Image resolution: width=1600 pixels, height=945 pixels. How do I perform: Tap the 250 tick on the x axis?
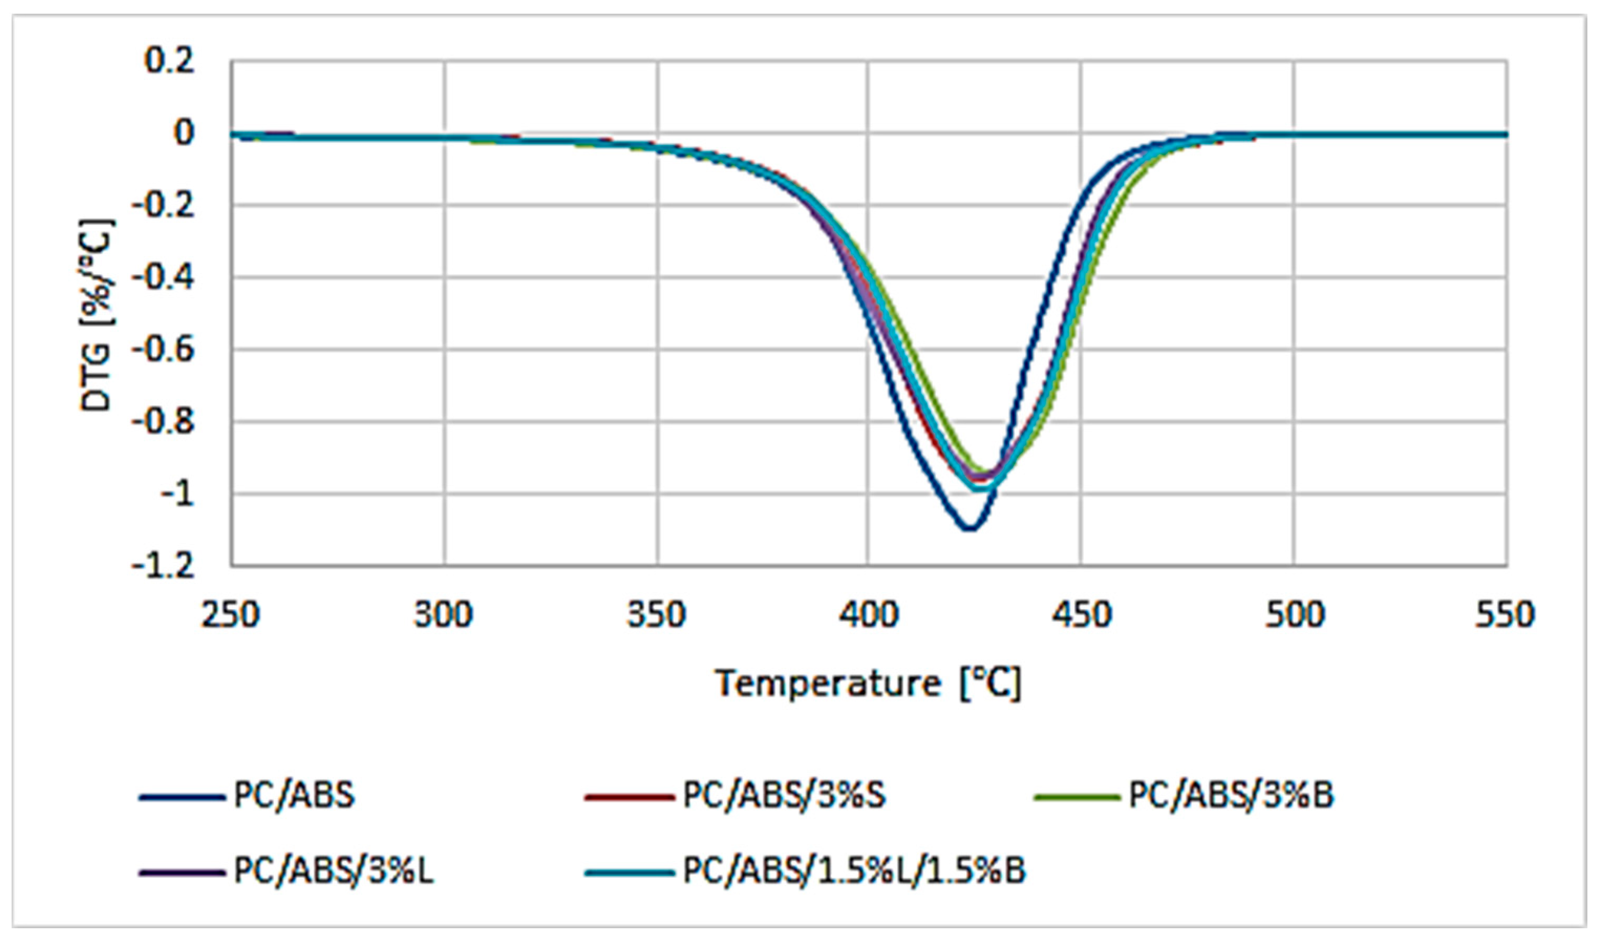tap(231, 616)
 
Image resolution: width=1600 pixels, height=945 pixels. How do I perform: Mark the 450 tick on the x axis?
tap(1081, 616)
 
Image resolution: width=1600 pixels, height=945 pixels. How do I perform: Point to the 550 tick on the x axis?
tap(1506, 616)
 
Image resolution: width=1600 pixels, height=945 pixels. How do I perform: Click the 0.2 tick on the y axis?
tap(169, 61)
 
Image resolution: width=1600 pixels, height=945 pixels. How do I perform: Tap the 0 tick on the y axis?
tap(184, 133)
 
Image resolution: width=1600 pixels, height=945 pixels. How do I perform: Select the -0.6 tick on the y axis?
tap(163, 350)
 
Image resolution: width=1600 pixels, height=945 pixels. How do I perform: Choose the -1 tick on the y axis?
tap(177, 494)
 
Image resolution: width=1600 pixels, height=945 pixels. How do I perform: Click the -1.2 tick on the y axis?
tap(163, 566)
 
